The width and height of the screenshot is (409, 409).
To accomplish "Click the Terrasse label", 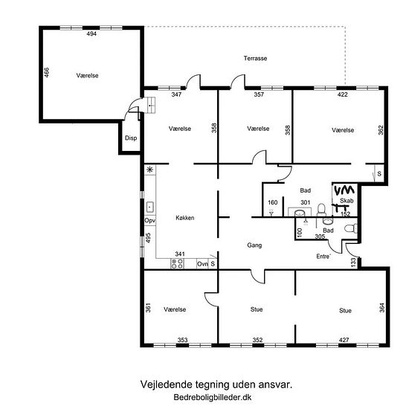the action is point(255,59).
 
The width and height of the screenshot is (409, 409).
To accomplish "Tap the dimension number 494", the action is point(91,33).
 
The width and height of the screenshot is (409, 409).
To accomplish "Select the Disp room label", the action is point(131,138).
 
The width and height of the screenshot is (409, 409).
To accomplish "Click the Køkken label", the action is point(185,218).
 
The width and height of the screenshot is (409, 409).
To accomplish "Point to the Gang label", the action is point(254,245).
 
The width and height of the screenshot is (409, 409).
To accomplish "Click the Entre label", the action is point(323,257).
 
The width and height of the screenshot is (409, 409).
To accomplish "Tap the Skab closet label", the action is point(347,201).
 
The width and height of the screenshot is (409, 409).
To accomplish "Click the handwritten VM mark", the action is point(344,190).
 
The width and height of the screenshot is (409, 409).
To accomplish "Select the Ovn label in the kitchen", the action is point(202,264).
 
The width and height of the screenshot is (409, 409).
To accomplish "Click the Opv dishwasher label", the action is point(150,221).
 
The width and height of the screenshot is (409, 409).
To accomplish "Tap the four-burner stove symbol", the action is point(177,263).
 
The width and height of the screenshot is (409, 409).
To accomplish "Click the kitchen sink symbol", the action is point(149,207).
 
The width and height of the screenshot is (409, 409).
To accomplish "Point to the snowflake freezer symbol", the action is point(149,170).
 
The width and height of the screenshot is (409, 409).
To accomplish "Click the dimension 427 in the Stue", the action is point(344,340).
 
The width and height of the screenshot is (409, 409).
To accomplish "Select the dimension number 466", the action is point(46,73).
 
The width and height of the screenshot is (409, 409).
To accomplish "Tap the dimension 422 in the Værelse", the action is point(343,94).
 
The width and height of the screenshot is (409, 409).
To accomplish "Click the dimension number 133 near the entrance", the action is point(353,263).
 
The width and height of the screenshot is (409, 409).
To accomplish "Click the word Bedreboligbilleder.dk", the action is point(213,397).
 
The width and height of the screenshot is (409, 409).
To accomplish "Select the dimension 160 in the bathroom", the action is point(273,202).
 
